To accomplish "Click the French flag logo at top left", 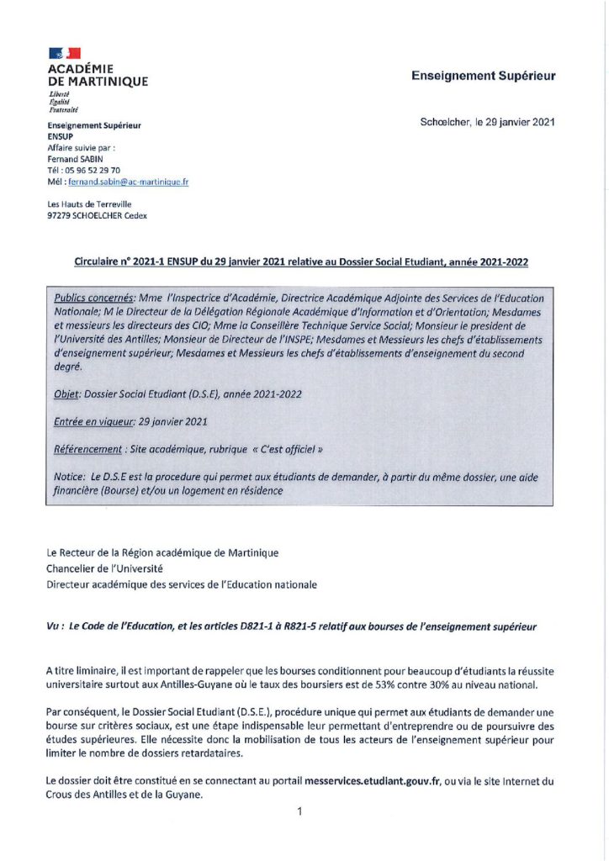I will tap(64, 53).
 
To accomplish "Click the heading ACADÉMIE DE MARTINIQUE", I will tap(98, 75).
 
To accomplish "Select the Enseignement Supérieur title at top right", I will tap(483, 76).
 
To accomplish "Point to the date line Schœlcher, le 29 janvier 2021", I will tap(487, 122).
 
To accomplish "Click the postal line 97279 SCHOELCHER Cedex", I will tap(97, 215).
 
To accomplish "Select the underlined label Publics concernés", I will tap(93, 298).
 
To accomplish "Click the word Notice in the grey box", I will tap(69, 477).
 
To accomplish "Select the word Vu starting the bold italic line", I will tap(54, 626).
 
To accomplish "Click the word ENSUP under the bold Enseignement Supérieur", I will tap(61, 135).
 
